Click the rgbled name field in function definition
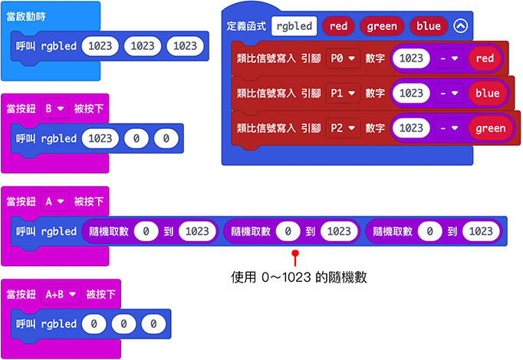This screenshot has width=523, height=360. [294, 26]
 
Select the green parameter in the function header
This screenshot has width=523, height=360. [381, 26]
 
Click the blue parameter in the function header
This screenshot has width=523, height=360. [429, 26]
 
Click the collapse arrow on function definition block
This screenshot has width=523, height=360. [460, 26]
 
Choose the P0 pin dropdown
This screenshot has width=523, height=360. [342, 58]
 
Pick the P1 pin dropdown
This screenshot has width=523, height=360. [342, 94]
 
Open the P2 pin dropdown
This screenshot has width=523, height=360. [342, 128]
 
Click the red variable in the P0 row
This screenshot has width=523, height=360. [484, 58]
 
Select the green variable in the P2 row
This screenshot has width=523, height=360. [490, 128]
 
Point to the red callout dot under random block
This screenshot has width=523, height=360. [294, 252]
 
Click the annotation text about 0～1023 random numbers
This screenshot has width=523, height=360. [298, 278]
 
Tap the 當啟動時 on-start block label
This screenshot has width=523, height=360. [27, 15]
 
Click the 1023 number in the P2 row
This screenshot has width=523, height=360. [413, 128]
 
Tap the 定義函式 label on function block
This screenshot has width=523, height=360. [246, 26]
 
